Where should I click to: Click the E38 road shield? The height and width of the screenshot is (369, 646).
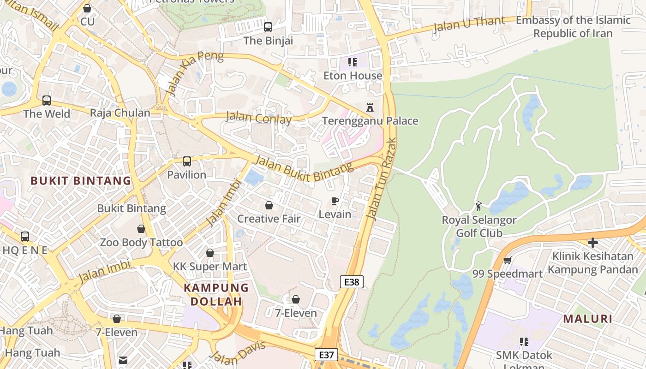coord(352,282)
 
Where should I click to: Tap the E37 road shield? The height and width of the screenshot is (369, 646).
coord(326,355)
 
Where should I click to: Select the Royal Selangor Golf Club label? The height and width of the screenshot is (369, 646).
coord(479,226)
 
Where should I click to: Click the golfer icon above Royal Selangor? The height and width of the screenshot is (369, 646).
coord(479,206)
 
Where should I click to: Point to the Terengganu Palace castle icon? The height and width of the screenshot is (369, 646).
coord(370,107)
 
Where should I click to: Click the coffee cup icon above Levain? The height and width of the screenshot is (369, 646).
coord(335,201)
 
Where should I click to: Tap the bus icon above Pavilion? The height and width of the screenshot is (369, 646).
coord(186,161)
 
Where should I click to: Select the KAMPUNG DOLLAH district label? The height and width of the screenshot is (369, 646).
coord(216,295)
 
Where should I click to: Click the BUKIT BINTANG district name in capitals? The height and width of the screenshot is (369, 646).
coord(81,181)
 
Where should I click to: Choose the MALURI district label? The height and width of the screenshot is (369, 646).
coord(587,319)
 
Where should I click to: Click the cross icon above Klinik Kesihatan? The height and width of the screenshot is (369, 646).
coord(593,243)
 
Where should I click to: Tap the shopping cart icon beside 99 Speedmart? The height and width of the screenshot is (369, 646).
coord(507,261)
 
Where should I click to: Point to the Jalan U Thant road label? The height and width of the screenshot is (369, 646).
coord(463,24)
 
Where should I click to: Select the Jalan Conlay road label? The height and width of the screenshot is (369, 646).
coord(258,118)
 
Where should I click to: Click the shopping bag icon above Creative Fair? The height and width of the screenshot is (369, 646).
coord(269,205)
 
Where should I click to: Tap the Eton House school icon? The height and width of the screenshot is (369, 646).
coord(353,62)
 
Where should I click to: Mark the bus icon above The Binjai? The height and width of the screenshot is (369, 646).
coord(268,27)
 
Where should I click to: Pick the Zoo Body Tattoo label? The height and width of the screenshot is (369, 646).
coord(141,242)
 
